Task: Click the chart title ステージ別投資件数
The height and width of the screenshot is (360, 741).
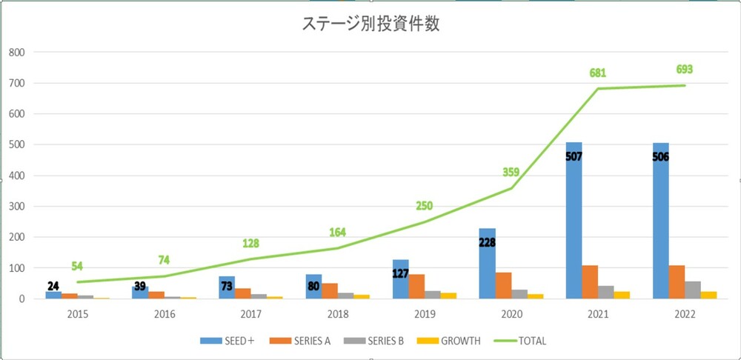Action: [371, 24]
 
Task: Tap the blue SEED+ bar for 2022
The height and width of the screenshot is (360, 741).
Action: [660, 230]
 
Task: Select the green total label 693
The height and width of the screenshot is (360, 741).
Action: [685, 70]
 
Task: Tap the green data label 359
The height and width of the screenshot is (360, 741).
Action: [510, 172]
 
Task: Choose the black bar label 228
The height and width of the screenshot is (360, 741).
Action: [487, 241]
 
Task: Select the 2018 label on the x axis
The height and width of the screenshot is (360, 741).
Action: [338, 313]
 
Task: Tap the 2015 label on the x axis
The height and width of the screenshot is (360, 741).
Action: [78, 313]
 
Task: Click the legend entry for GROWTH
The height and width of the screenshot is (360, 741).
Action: [450, 341]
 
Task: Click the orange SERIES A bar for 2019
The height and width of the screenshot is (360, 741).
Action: [416, 287]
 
